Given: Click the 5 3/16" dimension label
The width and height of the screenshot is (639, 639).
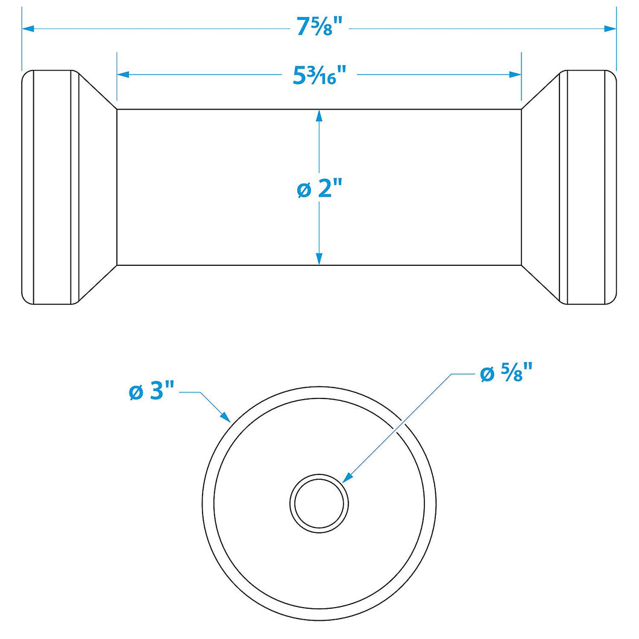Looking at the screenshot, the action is [x=319, y=75].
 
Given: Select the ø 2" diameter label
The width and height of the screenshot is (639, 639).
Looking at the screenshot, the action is [x=319, y=189].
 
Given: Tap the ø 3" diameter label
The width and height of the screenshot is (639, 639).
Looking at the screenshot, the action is [x=151, y=391].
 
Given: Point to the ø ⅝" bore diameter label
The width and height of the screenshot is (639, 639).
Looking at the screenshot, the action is [x=506, y=373].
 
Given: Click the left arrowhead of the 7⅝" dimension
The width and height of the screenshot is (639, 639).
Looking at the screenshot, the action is [x=28, y=28].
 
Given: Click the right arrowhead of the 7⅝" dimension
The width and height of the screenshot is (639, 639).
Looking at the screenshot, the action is [x=610, y=28].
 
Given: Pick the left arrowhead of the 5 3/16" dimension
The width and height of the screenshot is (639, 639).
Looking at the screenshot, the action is [x=123, y=75].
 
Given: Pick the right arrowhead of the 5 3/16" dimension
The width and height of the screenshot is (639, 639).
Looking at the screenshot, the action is [x=515, y=75].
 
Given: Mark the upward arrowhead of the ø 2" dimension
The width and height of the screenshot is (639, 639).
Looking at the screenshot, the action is [x=319, y=116].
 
